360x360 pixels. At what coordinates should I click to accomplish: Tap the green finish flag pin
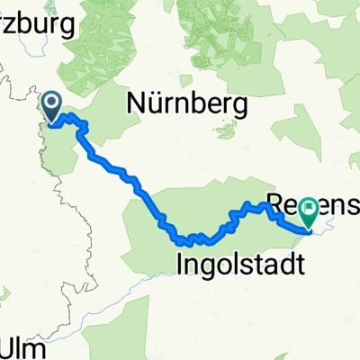(311, 212)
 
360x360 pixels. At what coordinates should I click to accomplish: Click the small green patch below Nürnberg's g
(226, 131)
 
